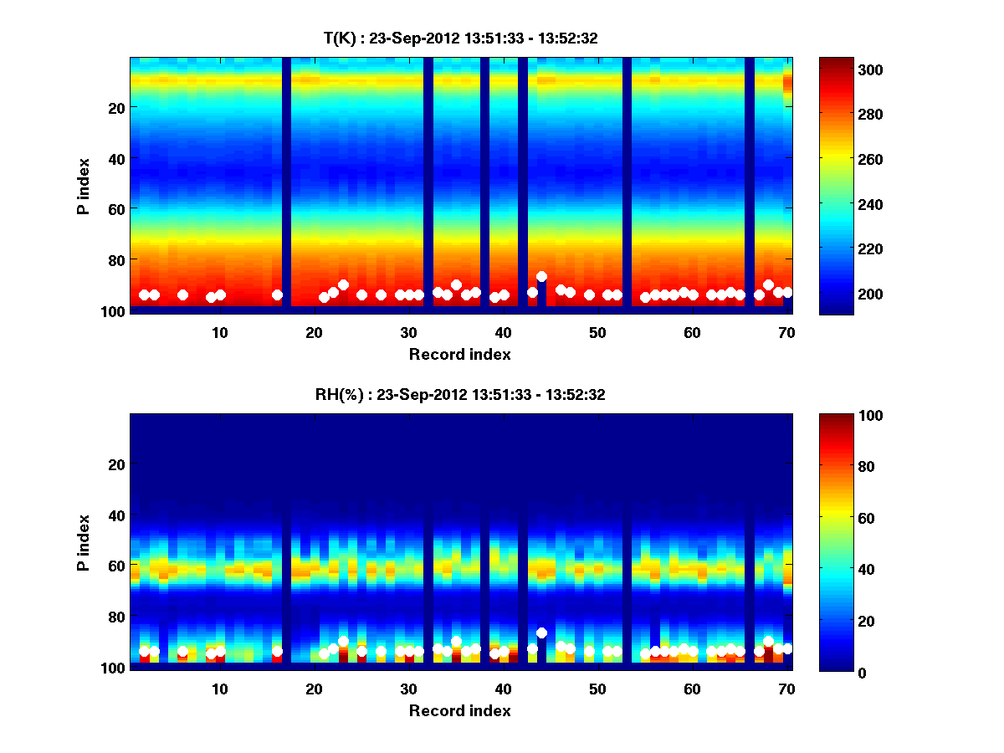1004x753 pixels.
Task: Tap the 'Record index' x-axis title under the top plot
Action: (460, 354)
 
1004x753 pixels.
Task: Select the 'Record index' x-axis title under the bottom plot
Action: (460, 710)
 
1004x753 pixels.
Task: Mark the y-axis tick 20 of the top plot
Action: (115, 107)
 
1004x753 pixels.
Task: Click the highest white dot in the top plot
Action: (541, 276)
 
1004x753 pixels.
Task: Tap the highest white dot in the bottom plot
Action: (541, 633)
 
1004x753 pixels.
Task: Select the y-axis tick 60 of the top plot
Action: (115, 208)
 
